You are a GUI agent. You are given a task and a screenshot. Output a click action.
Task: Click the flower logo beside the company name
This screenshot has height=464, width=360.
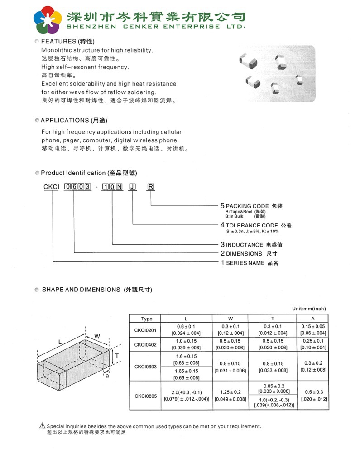(48, 20)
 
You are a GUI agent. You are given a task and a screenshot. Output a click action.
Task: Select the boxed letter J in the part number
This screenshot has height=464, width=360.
(132, 187)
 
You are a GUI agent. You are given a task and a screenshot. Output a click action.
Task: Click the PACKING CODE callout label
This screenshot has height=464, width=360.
(254, 206)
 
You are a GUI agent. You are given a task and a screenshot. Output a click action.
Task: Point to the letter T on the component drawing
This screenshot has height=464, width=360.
(116, 356)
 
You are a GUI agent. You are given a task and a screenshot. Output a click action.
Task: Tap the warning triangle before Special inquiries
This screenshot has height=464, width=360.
(43, 425)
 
